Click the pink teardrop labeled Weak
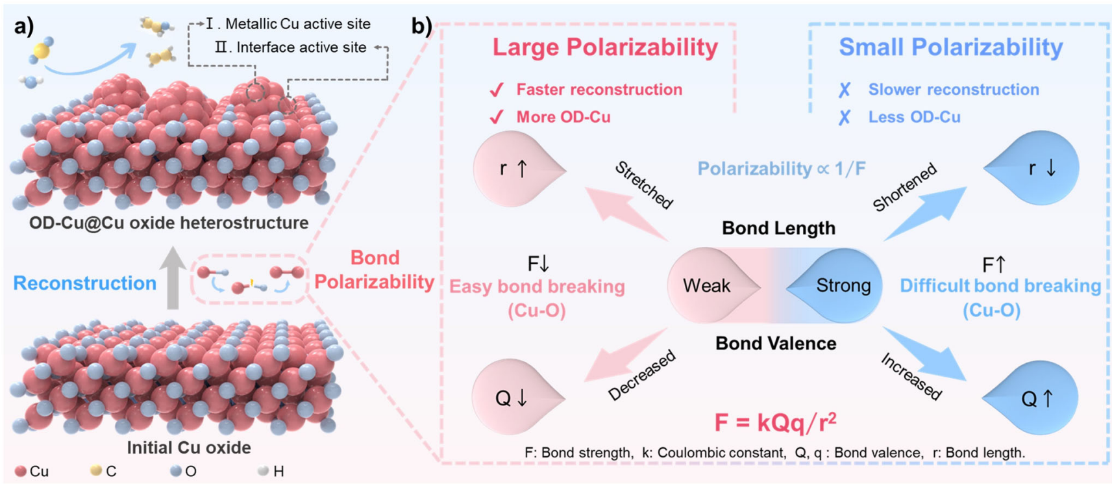708,286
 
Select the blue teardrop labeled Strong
841,286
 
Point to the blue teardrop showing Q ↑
1035,398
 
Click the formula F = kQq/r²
775,423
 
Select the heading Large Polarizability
605,47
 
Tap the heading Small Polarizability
950,47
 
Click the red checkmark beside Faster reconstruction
497,90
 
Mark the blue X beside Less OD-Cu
844,118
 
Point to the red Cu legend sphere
21,471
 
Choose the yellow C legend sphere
96,470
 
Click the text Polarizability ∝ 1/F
781,169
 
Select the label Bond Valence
775,343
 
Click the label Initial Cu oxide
188,448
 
